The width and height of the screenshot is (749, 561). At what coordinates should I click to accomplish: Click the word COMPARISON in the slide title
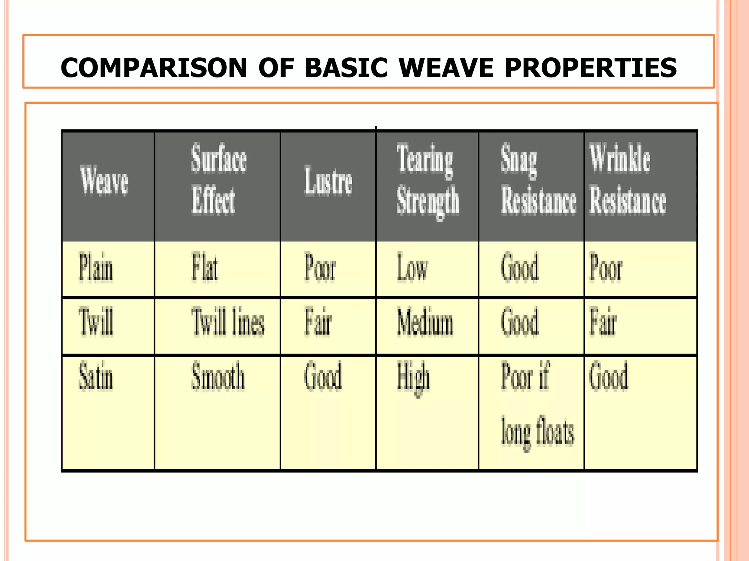(154, 68)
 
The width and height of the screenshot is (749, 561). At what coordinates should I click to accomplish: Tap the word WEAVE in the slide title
(446, 68)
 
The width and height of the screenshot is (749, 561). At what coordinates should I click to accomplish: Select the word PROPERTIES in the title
(591, 68)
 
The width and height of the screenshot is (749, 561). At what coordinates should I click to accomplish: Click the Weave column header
(104, 181)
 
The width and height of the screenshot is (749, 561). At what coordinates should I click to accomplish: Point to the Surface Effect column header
(218, 179)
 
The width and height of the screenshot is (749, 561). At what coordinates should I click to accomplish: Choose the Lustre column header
(328, 181)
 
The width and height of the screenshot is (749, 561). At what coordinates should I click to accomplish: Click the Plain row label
(96, 267)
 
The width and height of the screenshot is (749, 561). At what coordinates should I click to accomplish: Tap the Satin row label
(96, 376)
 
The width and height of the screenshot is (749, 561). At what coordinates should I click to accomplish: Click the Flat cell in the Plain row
(205, 267)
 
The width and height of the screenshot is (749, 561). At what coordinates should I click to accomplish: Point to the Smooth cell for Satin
(218, 376)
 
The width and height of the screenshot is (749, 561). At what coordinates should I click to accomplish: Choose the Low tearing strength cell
(412, 268)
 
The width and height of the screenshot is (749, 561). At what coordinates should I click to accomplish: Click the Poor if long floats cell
(537, 404)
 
